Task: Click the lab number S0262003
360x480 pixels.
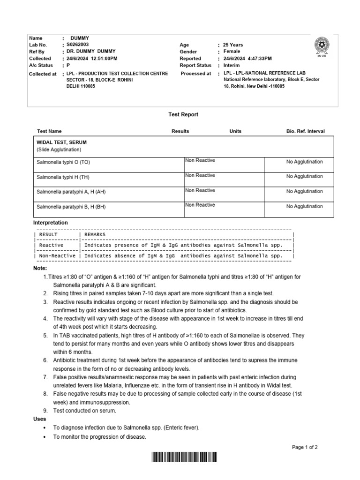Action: point(77,45)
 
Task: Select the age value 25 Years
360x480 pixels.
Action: point(233,45)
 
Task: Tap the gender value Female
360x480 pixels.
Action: point(232,52)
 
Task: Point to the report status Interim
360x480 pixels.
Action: point(232,65)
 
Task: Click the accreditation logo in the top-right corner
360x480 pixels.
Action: point(322,45)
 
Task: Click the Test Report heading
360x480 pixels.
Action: point(183,114)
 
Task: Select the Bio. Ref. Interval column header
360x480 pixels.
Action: point(305,131)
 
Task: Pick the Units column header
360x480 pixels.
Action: point(235,131)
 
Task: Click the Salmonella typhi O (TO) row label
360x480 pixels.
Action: point(63,162)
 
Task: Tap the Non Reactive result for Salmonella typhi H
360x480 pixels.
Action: point(200,175)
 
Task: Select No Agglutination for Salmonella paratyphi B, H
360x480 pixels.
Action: point(304,206)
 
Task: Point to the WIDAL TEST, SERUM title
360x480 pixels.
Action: point(61,142)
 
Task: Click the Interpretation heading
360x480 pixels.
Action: point(51,222)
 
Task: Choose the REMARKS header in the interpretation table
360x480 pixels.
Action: point(95,234)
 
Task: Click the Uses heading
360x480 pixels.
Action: point(40,419)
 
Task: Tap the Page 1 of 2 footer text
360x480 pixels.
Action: point(305,447)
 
